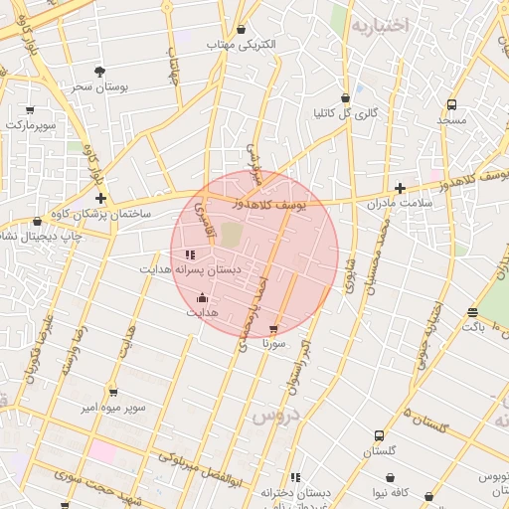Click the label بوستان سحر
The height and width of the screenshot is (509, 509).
pos(96,86)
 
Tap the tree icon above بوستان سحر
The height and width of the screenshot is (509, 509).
pos(99,72)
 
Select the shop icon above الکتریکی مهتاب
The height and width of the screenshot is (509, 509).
pos(242,30)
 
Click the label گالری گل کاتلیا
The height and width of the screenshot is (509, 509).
pos(345,113)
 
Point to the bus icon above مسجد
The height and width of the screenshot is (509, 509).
pos(451,104)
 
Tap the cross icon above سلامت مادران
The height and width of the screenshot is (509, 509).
pos(400,188)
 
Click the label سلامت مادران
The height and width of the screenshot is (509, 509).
pos(403,203)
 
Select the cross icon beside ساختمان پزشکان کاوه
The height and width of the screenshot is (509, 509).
pos(100,199)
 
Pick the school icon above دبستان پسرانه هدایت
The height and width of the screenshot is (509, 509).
pos(190,254)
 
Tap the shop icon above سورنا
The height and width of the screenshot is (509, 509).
pos(274,329)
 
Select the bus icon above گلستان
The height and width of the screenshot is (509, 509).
pos(379,435)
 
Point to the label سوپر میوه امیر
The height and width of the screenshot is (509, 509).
pos(115,408)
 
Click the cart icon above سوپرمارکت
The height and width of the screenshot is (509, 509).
pos(30,110)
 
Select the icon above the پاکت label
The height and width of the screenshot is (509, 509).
pos(471,312)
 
